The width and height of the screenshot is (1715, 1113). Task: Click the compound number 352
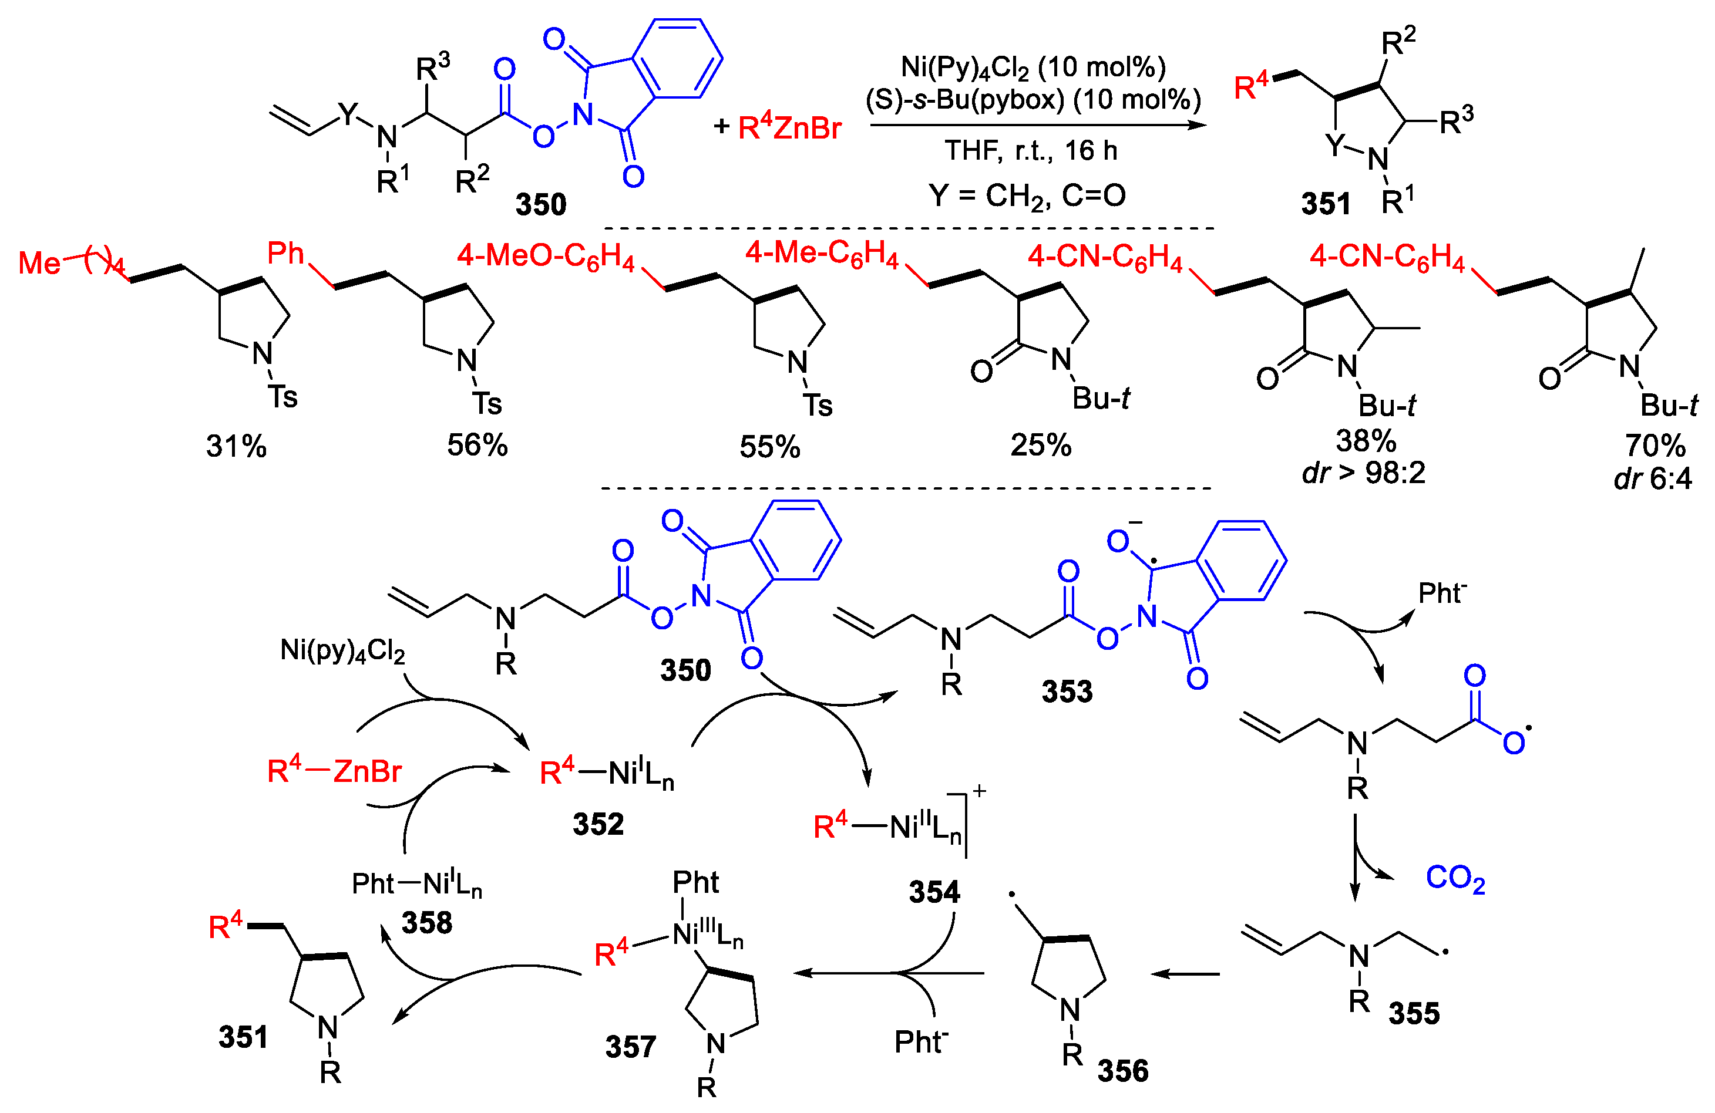(x=597, y=824)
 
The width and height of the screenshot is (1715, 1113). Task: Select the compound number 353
(x=1067, y=692)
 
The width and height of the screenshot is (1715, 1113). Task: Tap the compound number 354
(x=934, y=892)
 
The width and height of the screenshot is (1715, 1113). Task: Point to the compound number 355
(x=1413, y=1013)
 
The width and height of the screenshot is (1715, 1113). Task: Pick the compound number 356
(x=1122, y=1071)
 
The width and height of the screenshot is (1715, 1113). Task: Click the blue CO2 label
(x=1455, y=878)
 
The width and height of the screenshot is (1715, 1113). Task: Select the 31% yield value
(x=236, y=447)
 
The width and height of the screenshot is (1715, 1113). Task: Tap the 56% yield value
(x=477, y=445)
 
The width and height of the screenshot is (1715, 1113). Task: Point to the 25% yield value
(x=1041, y=445)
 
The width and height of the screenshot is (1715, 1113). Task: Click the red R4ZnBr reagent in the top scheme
(x=790, y=127)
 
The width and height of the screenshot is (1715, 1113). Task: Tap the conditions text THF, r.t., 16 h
(x=1031, y=150)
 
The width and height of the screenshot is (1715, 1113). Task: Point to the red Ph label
(x=286, y=253)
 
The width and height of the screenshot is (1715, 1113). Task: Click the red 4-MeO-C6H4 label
(x=546, y=257)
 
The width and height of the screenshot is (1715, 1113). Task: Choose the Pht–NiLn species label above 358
(x=416, y=883)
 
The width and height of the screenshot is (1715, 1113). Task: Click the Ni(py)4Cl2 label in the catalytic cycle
(x=342, y=650)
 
